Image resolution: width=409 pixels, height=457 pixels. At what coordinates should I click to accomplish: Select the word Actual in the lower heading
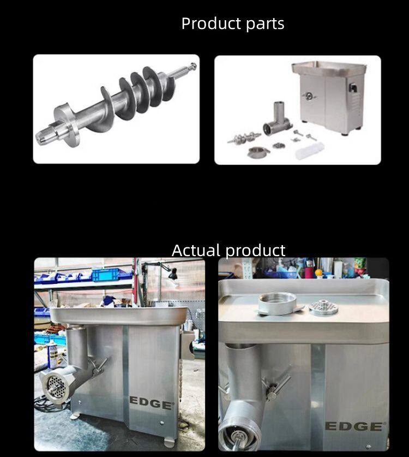coord(196,250)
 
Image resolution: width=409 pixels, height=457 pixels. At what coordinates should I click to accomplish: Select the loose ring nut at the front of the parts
coord(257,152)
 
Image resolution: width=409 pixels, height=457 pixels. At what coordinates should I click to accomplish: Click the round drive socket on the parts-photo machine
coord(309,96)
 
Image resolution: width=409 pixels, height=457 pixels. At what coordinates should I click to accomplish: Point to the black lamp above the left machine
coord(173,274)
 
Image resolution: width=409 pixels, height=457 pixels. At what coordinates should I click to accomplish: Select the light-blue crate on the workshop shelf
coord(105,275)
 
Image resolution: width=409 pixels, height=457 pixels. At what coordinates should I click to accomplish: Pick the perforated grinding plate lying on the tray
coord(323,307)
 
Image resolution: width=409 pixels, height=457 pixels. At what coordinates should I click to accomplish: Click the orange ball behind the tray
coord(319,273)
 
